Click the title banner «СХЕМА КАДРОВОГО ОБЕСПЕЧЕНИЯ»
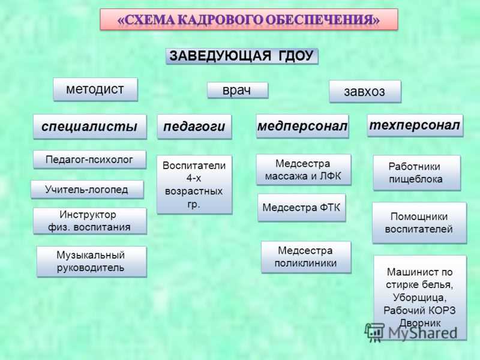click(249, 19)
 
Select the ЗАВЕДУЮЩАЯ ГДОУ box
click(242, 56)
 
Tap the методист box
click(95, 89)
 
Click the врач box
click(238, 91)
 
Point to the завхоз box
click(365, 91)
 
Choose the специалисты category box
click(89, 127)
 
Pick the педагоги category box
click(194, 127)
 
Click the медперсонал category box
click(302, 126)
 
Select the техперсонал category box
click(415, 125)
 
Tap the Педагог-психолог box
click(89, 160)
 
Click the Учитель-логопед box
click(87, 190)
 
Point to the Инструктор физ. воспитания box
click(89, 221)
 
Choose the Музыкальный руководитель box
click(91, 262)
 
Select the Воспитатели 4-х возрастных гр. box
click(194, 185)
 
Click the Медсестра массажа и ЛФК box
click(304, 170)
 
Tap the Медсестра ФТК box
click(302, 208)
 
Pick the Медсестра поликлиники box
click(306, 257)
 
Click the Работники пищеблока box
click(416, 173)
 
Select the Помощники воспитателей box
click(419, 223)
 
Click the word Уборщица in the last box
click(419, 298)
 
